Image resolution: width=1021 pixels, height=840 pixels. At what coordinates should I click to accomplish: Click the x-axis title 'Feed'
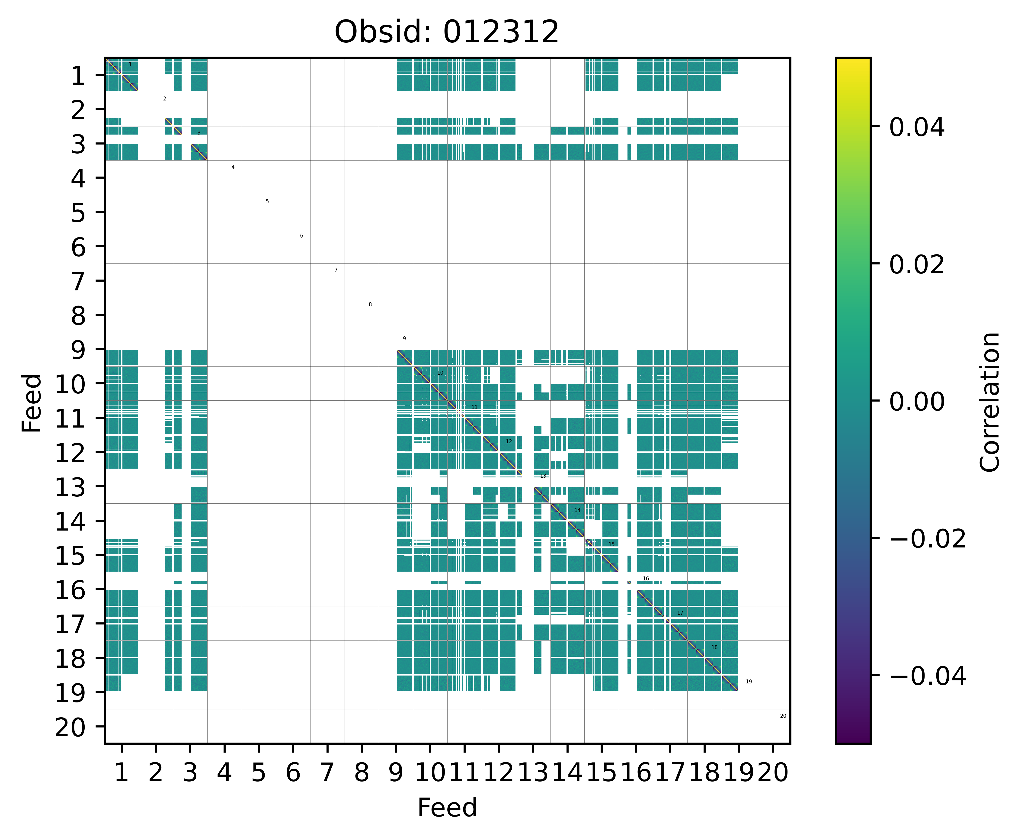click(447, 808)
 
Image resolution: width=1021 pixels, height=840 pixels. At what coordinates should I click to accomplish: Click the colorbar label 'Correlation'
click(989, 402)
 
